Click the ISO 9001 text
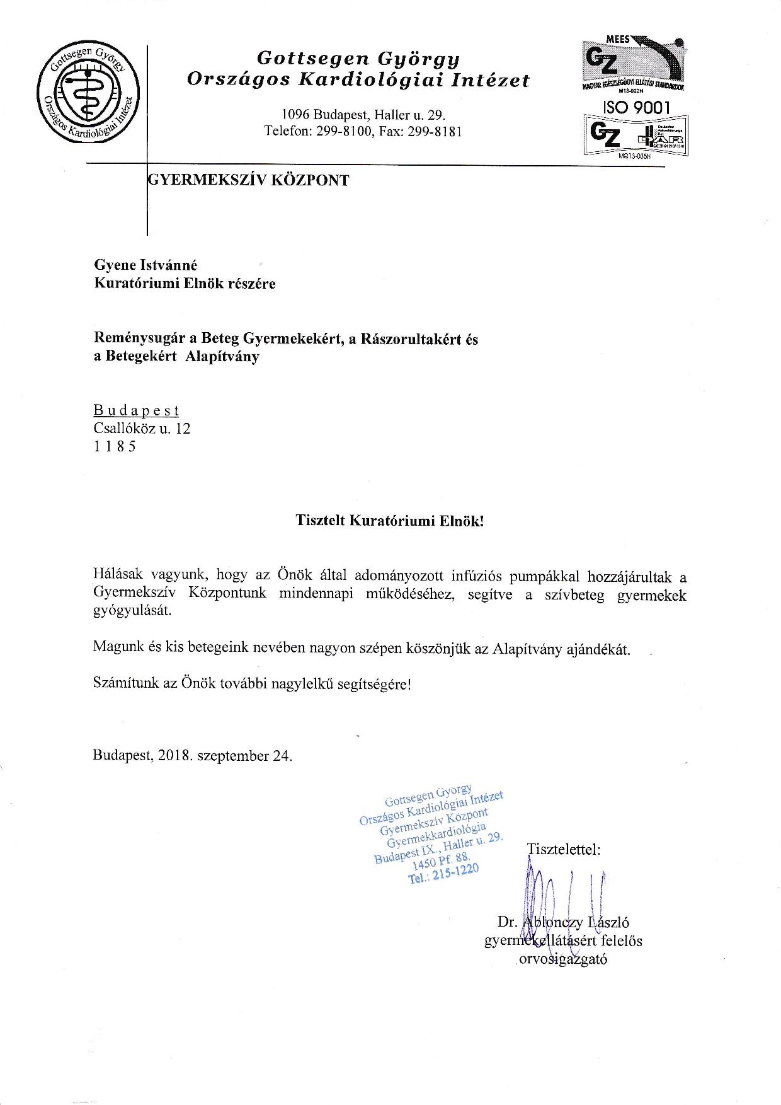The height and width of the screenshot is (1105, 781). pyautogui.click(x=636, y=107)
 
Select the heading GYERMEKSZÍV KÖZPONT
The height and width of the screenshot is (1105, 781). pyautogui.click(x=248, y=180)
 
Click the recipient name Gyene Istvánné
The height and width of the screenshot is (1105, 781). pyautogui.click(x=145, y=266)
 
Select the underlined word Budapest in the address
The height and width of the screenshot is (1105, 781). pyautogui.click(x=136, y=411)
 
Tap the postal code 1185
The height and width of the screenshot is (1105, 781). pyautogui.click(x=114, y=447)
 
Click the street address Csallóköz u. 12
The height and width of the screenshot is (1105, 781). pyautogui.click(x=142, y=429)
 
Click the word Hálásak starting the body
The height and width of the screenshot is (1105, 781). pyautogui.click(x=118, y=575)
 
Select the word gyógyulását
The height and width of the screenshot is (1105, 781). pyautogui.click(x=132, y=611)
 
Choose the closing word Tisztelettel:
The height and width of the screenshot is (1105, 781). pyautogui.click(x=563, y=849)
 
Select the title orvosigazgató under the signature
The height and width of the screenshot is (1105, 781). pyautogui.click(x=562, y=960)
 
